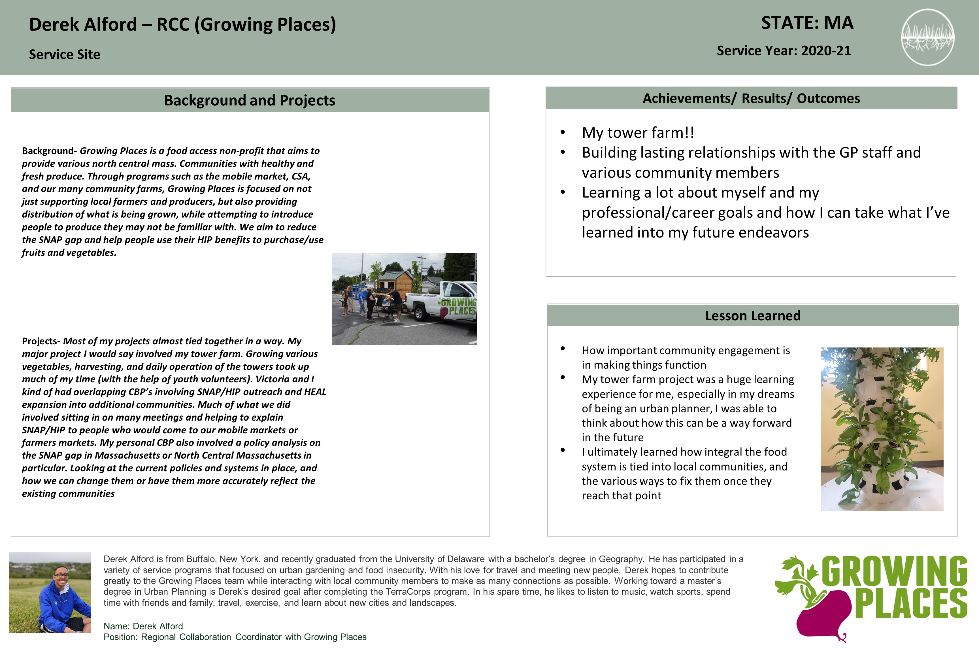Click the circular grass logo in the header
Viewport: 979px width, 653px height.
[x=927, y=37]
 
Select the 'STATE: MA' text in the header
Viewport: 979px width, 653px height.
[x=807, y=23]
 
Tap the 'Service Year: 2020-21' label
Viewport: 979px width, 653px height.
[x=783, y=51]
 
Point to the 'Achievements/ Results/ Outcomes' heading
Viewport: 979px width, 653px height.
[x=751, y=98]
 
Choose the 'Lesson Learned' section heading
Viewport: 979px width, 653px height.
[x=753, y=316]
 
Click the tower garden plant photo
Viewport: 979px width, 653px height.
[x=882, y=429]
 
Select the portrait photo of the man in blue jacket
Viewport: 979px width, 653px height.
[x=50, y=592]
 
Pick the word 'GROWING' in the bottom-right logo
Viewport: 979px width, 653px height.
[x=894, y=571]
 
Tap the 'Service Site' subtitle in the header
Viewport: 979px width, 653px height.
[x=65, y=54]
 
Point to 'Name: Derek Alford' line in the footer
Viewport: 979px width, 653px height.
[x=143, y=626]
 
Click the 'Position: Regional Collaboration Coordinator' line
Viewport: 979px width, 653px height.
[x=235, y=637]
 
